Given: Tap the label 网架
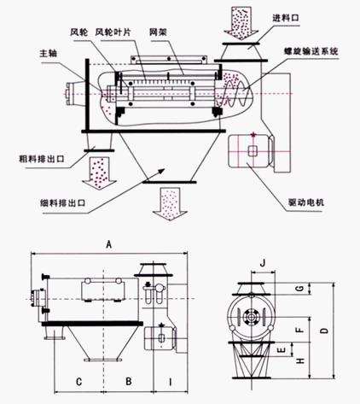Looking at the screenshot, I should click(160, 33).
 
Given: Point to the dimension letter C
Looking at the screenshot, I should click(78, 379).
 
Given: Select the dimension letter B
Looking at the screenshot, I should click(127, 379).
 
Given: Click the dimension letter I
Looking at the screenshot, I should click(170, 379).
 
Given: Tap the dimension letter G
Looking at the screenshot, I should click(298, 291).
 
